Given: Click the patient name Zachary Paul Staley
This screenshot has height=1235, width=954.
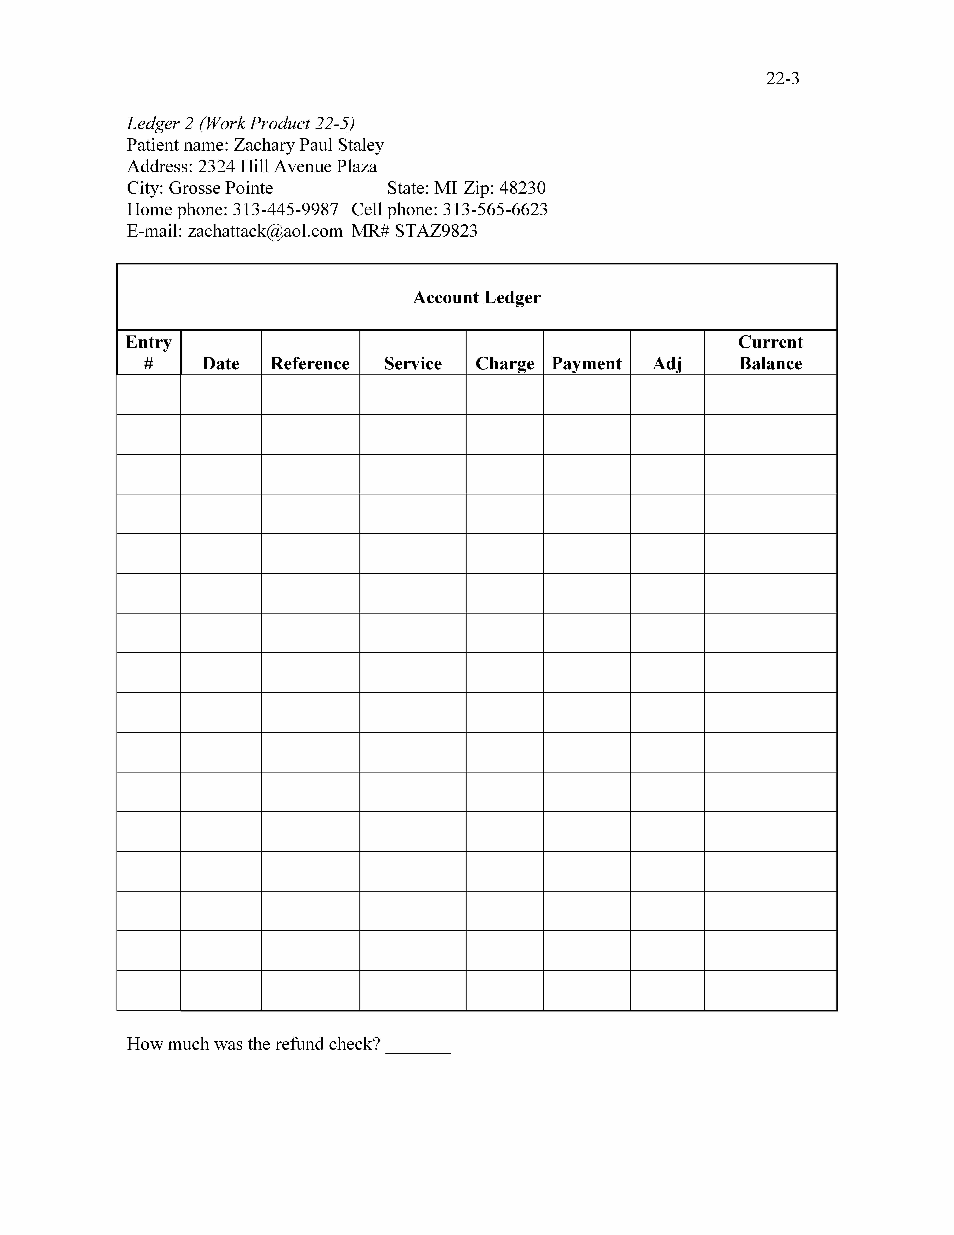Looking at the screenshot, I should [x=309, y=145].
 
